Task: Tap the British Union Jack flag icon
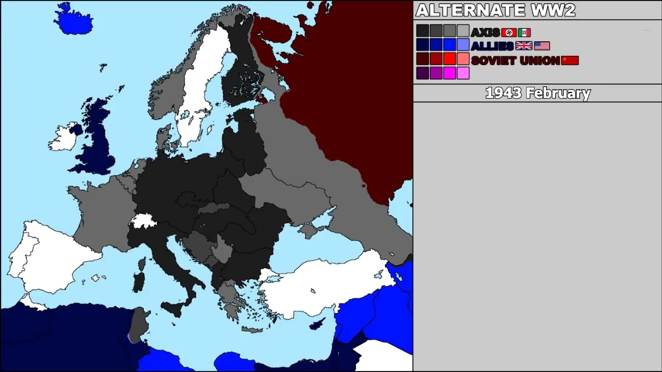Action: (523, 46)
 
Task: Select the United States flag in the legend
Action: (541, 46)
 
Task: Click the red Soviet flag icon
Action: (570, 60)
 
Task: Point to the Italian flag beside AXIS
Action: (524, 33)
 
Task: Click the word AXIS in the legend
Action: (485, 33)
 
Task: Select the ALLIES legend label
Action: (492, 46)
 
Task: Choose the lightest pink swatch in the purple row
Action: (463, 73)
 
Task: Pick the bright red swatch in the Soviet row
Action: (449, 59)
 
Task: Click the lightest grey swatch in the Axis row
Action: (463, 31)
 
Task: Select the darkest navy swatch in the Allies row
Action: (423, 45)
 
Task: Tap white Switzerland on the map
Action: (143, 221)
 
